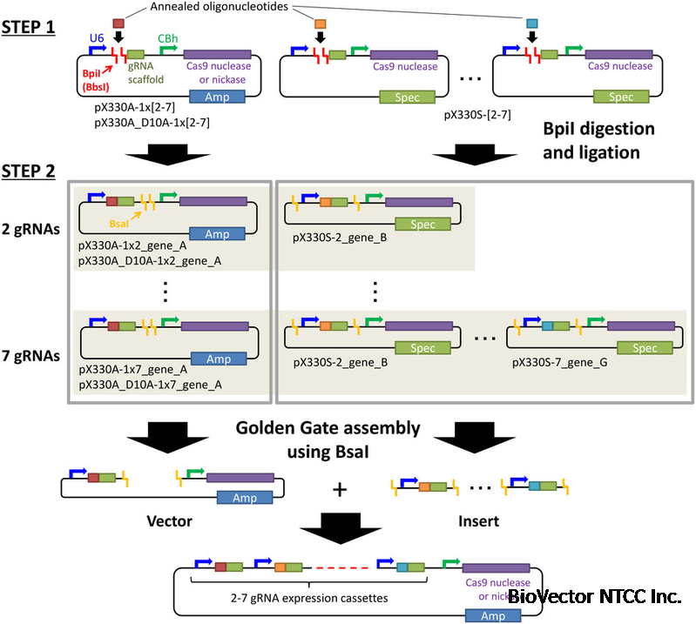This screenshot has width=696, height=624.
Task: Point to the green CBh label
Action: coord(167,38)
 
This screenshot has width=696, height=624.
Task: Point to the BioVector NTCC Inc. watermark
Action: coord(594,597)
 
